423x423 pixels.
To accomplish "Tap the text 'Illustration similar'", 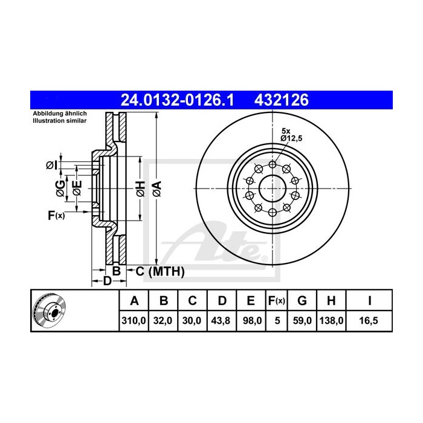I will tap(59, 121).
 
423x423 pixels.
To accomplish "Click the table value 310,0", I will tap(134, 321).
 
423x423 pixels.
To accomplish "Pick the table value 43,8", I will tap(221, 321).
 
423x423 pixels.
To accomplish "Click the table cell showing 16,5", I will tap(369, 321).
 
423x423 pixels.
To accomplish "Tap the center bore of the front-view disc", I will tap(273, 188).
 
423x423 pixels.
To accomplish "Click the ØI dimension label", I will tap(52, 164).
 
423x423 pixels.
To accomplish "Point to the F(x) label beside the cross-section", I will tap(55, 215).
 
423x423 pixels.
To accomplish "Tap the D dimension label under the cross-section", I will tap(106, 281).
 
